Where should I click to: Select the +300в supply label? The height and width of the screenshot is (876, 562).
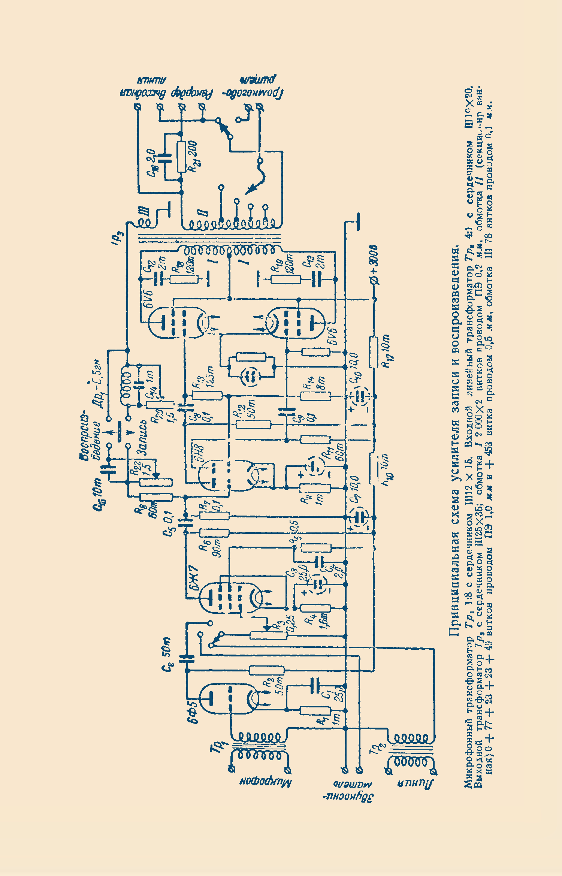(375, 264)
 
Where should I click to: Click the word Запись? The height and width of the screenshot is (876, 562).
(142, 437)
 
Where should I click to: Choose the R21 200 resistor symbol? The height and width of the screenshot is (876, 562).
(181, 157)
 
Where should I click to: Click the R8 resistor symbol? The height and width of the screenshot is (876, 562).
(156, 497)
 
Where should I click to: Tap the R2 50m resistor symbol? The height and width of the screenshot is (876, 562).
(266, 670)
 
